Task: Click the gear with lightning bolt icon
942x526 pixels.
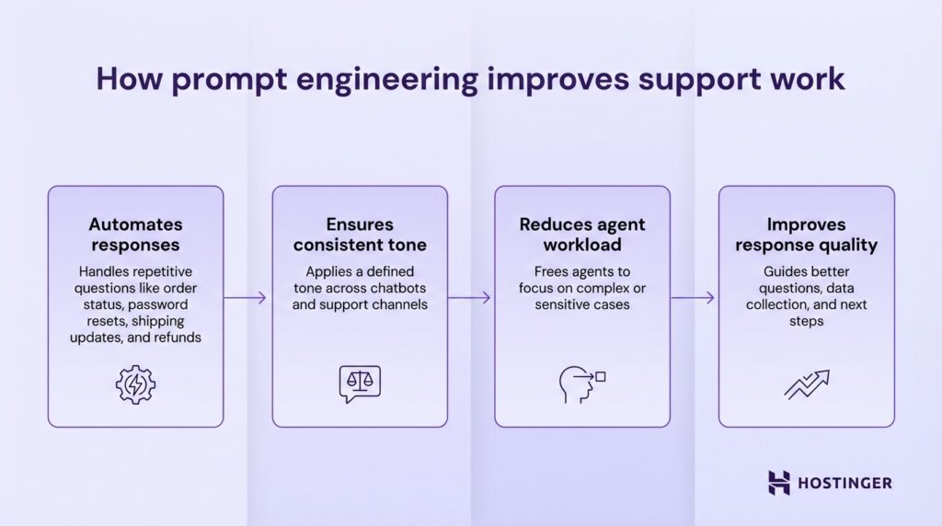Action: pos(135,384)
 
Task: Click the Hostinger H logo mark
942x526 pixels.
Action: pos(779,483)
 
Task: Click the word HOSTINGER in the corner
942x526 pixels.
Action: pos(844,483)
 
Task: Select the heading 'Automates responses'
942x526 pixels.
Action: pos(135,234)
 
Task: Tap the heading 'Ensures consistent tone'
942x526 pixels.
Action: pos(360,234)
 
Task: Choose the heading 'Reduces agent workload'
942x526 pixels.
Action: pos(581,234)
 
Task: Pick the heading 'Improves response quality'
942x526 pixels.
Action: pos(807,234)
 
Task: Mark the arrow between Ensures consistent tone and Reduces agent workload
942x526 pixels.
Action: pos(471,298)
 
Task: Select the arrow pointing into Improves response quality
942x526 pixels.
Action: pos(694,298)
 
